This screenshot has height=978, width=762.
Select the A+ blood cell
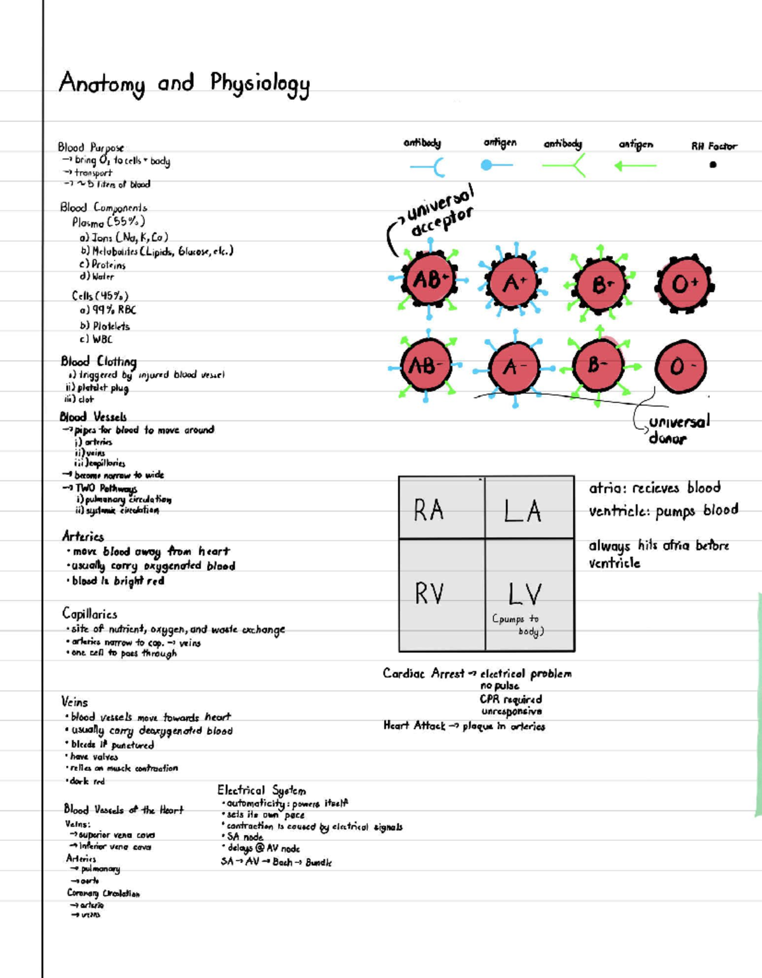click(x=512, y=282)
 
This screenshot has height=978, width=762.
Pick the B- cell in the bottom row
click(x=596, y=365)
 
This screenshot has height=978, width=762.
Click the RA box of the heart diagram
click(x=441, y=509)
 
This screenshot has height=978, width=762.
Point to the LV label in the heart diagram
click(x=525, y=594)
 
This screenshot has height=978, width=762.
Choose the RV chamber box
click(x=441, y=594)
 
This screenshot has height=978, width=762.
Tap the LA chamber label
click(x=523, y=511)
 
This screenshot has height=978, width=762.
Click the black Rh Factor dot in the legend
click(x=712, y=164)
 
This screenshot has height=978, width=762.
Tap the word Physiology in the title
click(x=260, y=84)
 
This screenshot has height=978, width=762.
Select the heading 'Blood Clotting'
click(x=98, y=361)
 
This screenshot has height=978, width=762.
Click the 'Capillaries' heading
click(x=90, y=613)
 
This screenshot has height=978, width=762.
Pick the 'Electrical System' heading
click(x=262, y=790)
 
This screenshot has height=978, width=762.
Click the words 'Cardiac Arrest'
click(x=423, y=673)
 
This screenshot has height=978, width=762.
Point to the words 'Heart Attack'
click(x=414, y=725)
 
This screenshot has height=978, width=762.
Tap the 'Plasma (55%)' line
click(x=108, y=222)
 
